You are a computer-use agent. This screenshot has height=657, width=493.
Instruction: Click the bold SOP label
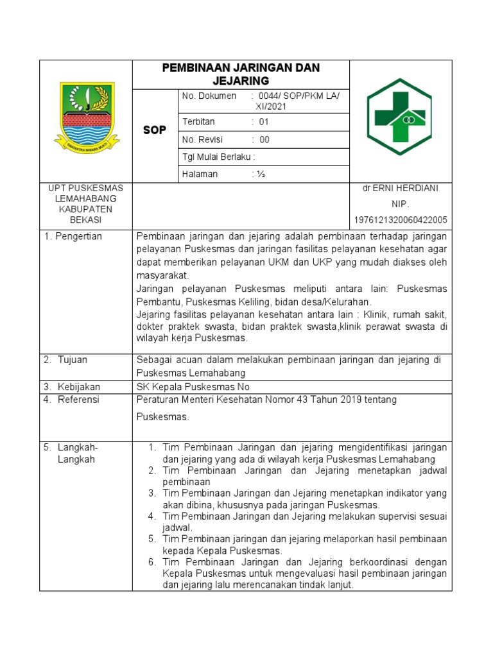pyautogui.click(x=154, y=130)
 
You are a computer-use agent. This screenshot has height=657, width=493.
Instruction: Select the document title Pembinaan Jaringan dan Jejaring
pyautogui.click(x=241, y=74)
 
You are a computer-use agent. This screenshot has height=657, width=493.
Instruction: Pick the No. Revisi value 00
pyautogui.click(x=264, y=139)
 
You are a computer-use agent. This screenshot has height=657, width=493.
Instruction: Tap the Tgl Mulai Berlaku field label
pyautogui.click(x=218, y=157)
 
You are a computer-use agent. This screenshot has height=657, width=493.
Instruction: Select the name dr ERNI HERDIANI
pyautogui.click(x=401, y=188)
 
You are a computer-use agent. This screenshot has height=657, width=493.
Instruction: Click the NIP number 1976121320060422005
pyautogui.click(x=401, y=220)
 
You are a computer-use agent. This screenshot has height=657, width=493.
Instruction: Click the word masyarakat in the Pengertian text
pyautogui.click(x=163, y=275)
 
